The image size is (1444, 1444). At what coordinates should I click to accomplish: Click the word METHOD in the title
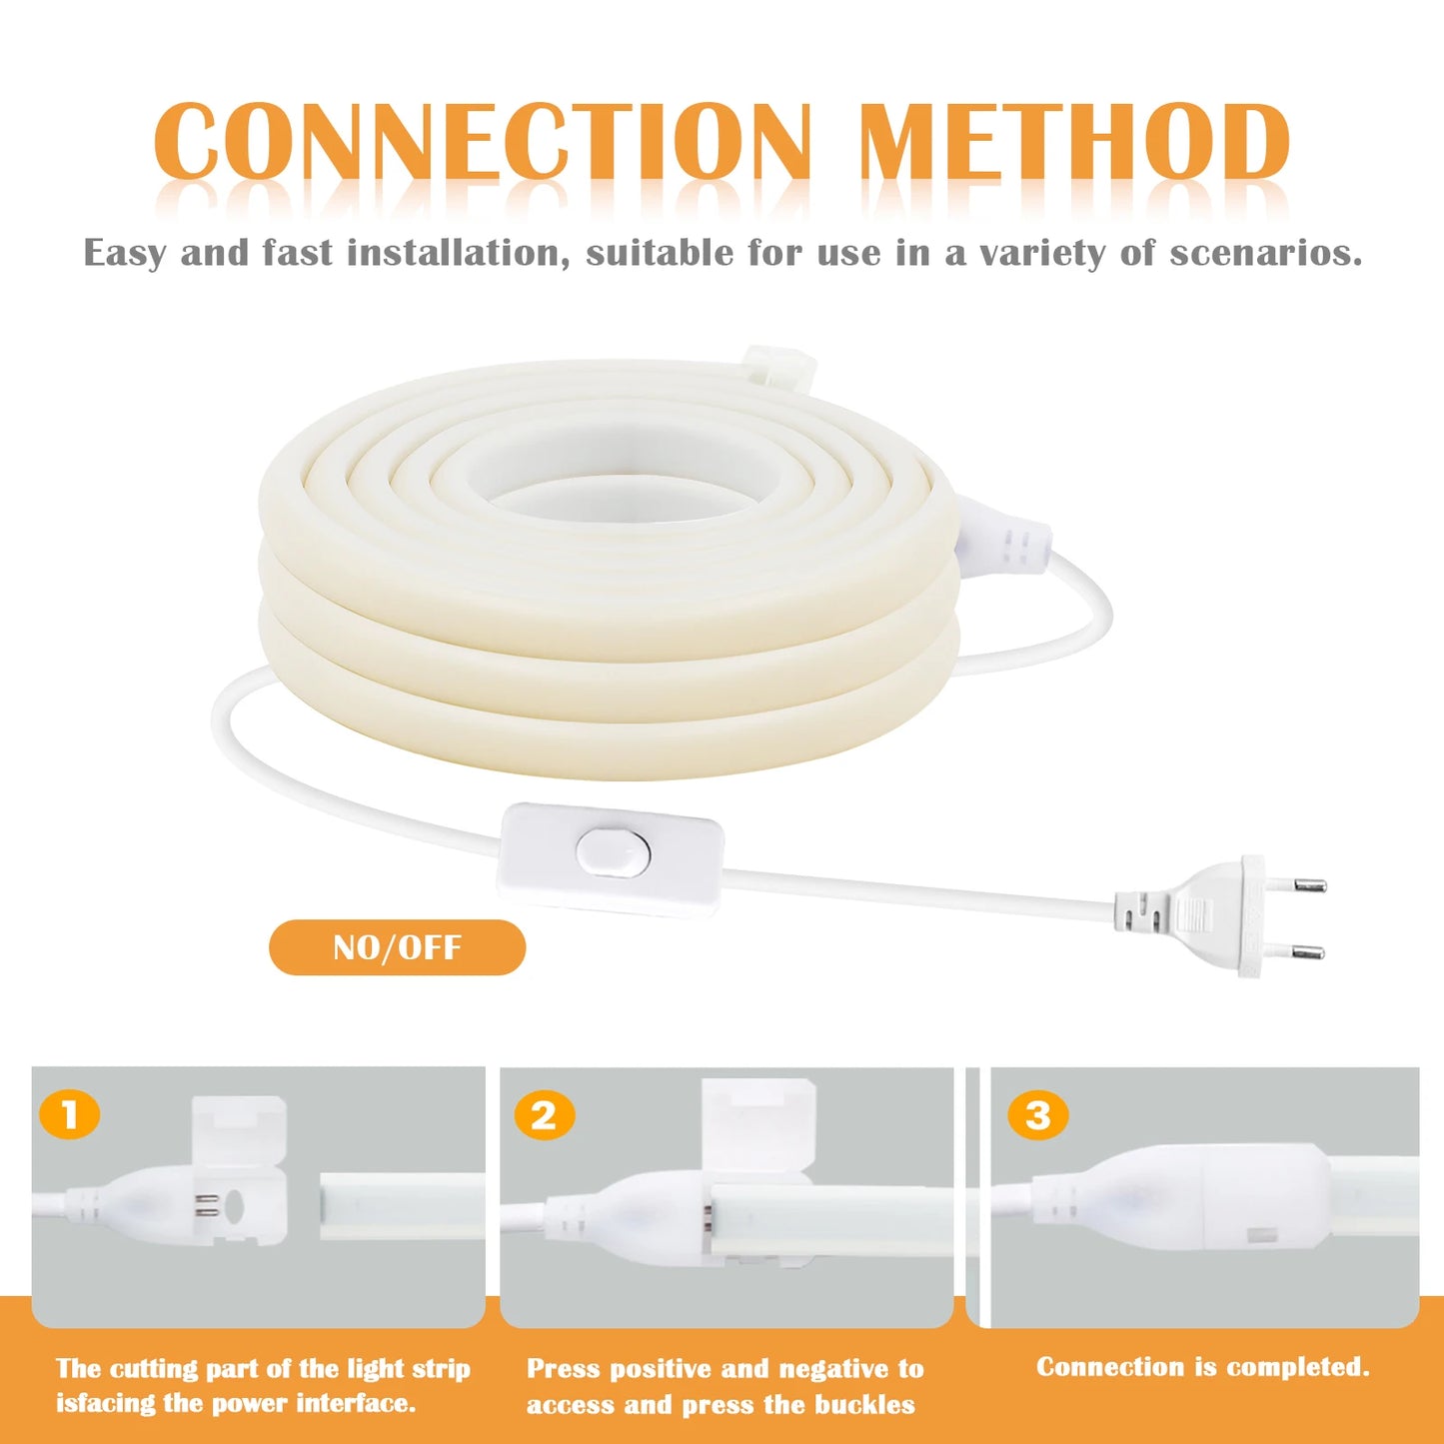pos(1073,142)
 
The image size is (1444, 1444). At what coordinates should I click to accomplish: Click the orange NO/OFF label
pos(397,947)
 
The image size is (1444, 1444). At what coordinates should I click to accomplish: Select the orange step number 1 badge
pos(70,1114)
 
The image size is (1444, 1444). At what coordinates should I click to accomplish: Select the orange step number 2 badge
pos(544,1115)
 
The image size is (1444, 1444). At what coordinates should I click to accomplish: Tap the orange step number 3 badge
pos(1038,1115)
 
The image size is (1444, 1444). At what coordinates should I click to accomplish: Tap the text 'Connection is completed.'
pos(1202,1367)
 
